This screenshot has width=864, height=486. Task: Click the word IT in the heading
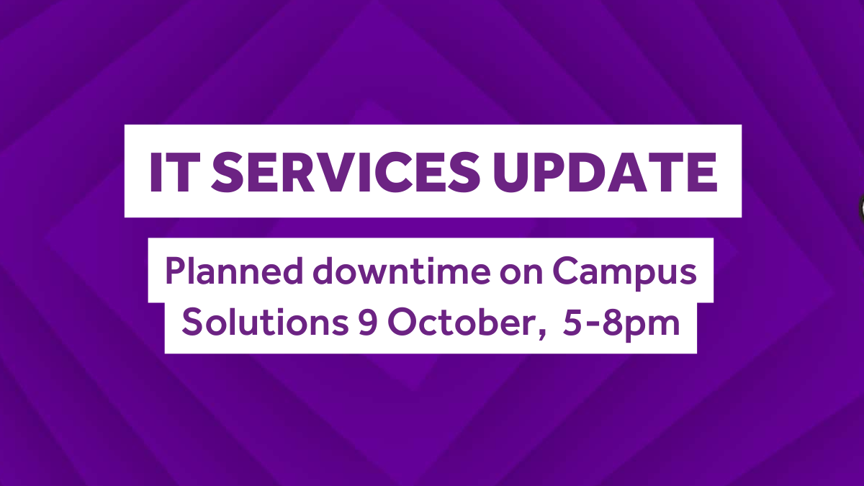pos(175,172)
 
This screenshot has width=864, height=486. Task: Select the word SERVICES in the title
pos(346,172)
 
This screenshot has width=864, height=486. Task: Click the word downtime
pos(402,271)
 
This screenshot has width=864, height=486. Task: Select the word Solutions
pos(265,322)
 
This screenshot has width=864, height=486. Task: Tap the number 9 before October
pos(368,323)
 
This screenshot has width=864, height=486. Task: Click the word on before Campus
pos(521,274)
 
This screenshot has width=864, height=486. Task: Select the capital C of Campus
pos(567,271)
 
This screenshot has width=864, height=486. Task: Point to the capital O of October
pos(403,322)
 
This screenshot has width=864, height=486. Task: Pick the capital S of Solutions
pos(192,322)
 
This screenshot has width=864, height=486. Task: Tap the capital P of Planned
pos(176,271)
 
